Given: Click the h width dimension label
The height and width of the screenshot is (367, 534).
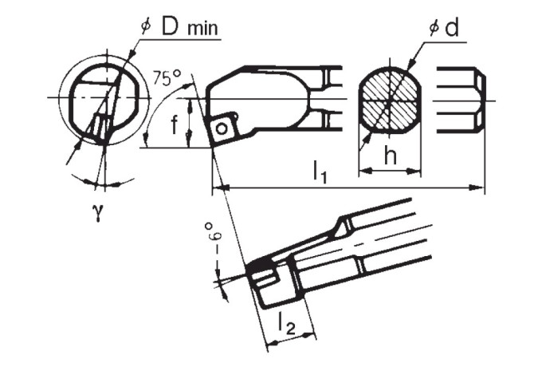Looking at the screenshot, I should coord(390,157).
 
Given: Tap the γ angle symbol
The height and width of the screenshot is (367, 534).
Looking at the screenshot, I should coord(99,213).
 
